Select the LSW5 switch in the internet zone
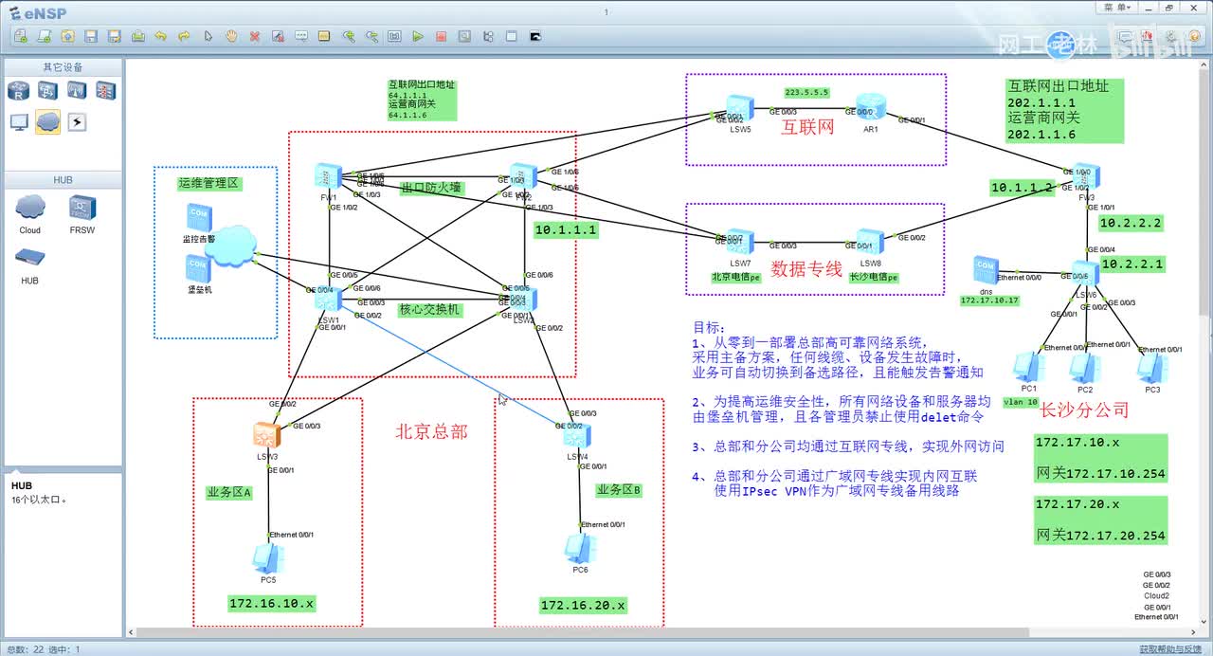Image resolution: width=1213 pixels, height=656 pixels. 739,107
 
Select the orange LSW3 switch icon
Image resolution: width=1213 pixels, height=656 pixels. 266,435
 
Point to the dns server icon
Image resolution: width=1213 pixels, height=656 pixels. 986,269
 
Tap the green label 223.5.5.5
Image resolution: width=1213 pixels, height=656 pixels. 806,92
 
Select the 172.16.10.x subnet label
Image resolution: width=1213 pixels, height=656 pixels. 271,603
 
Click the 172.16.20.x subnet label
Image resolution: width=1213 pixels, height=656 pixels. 583,605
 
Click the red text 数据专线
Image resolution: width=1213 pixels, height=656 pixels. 806,269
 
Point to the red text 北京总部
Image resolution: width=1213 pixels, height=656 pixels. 431,431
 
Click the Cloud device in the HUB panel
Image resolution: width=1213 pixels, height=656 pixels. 30,208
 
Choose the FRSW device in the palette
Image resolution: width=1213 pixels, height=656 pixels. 81,208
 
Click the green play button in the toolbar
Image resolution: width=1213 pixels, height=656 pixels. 418,37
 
